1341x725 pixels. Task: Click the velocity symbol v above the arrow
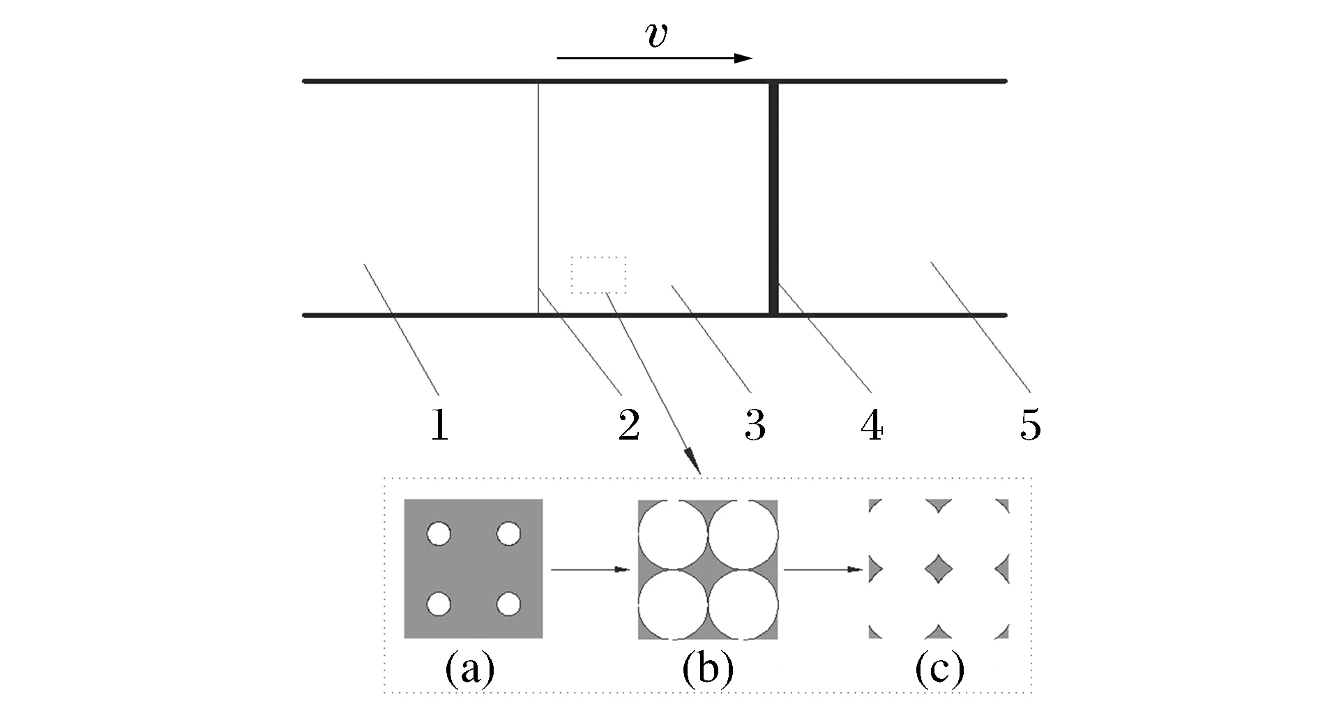656,36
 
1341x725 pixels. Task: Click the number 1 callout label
439,425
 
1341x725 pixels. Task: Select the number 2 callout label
628,425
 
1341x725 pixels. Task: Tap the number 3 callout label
755,425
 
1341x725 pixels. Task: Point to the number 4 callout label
872,425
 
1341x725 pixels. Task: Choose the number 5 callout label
1030,425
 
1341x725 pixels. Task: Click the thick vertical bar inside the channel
773,198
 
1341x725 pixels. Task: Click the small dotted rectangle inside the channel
598,275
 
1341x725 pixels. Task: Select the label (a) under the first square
470,668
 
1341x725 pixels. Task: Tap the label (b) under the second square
708,668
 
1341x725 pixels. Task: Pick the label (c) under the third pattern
940,668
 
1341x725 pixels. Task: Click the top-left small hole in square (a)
439,535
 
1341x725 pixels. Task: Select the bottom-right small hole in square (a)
509,604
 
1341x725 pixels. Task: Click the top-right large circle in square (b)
743,535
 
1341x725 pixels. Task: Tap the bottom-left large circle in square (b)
673,604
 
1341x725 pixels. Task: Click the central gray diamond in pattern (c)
939,569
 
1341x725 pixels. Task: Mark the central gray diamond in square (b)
708,569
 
